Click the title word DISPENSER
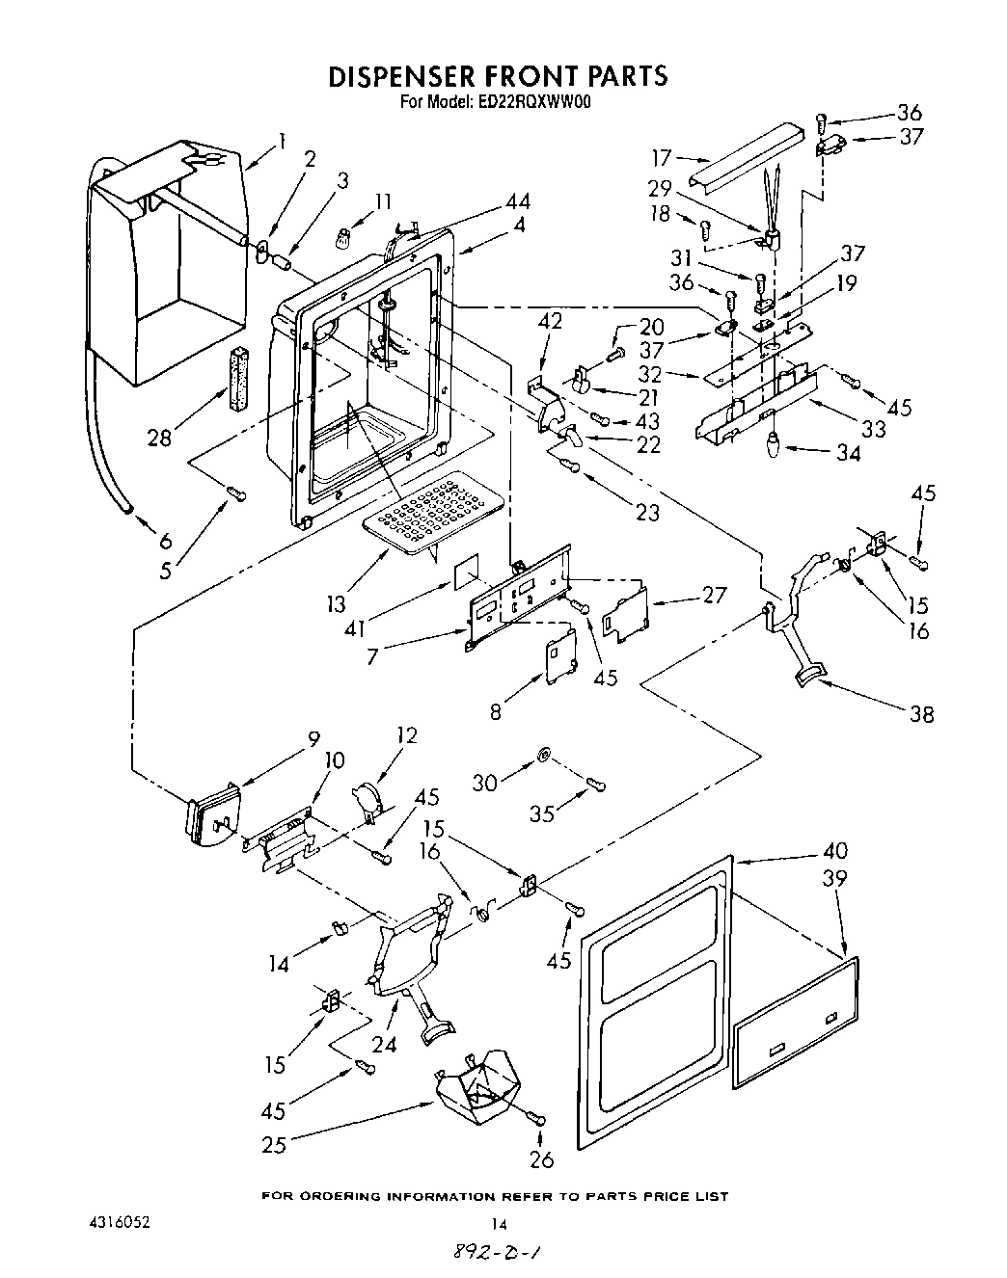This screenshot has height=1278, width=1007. [416, 76]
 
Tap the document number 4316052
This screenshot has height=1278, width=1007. [117, 1222]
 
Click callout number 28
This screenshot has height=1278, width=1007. [159, 438]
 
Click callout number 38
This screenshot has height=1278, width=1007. [922, 714]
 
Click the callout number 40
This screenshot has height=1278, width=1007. [835, 851]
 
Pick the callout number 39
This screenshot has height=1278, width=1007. [835, 878]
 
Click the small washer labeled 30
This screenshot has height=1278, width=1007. [543, 754]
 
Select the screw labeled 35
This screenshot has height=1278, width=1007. [597, 788]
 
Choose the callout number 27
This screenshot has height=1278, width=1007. [715, 594]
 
